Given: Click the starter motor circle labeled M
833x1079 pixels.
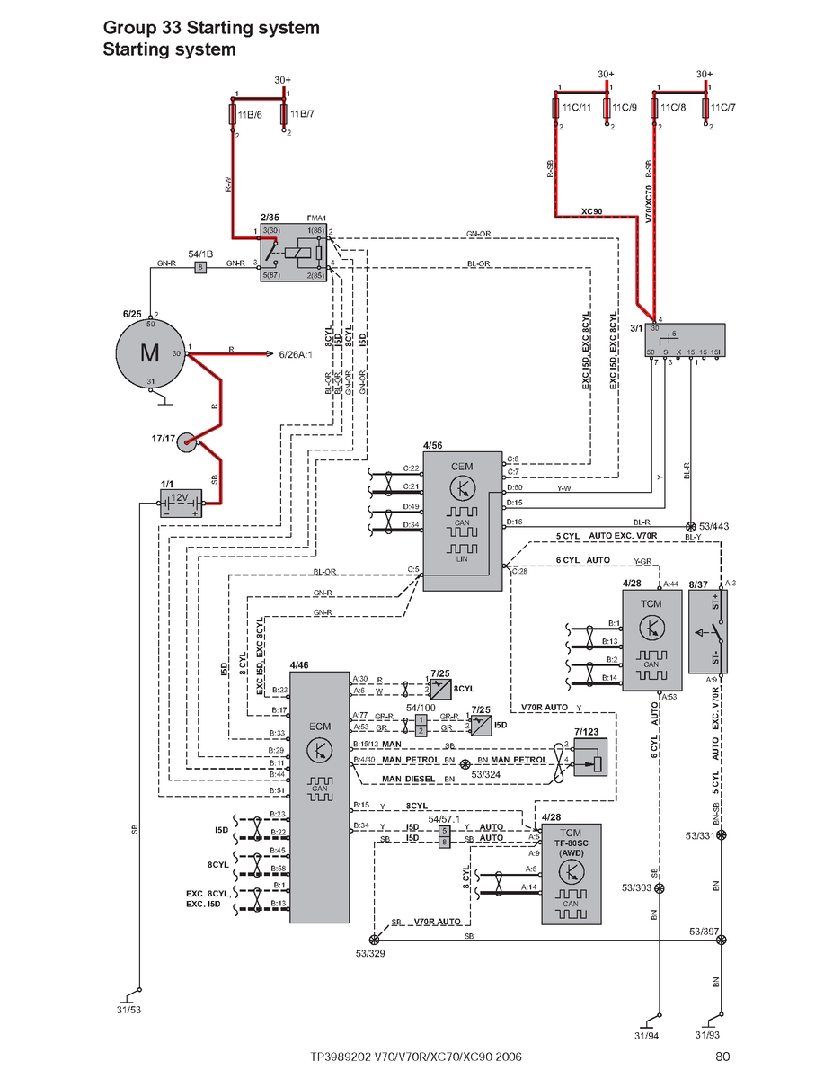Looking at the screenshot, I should tap(150, 352).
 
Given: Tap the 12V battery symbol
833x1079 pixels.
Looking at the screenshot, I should tap(180, 503).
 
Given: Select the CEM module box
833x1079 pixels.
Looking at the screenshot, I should tap(462, 521).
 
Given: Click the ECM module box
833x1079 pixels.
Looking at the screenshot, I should tap(318, 796).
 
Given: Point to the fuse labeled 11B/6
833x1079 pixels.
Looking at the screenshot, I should tap(233, 116).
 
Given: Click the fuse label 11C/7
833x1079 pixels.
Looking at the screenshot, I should tap(722, 108).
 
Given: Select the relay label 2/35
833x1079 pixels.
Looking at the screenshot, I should tap(270, 218).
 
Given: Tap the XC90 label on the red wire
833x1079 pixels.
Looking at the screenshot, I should tap(591, 211).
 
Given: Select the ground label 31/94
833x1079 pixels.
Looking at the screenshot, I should tap(646, 1036).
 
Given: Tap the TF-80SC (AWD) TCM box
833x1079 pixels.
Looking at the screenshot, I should tap(571, 874).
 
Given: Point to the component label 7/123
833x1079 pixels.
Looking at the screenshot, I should tap(586, 731).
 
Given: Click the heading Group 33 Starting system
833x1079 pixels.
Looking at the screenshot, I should tap(211, 29).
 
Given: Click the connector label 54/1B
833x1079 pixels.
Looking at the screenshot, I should tap(200, 254).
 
